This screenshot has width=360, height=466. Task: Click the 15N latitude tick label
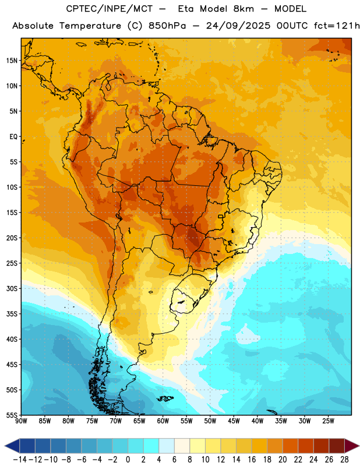coord(12,61)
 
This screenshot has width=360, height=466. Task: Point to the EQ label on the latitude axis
coord(13,137)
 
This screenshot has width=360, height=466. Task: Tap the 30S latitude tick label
coord(12,288)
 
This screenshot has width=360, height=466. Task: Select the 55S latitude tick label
coord(12,415)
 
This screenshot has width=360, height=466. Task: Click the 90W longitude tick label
coord(22,421)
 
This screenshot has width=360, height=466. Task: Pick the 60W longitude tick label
coord(163,421)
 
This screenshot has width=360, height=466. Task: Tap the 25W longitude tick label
coord(328,421)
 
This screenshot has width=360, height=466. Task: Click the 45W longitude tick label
coord(234,421)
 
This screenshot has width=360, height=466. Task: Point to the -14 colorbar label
coord(20,460)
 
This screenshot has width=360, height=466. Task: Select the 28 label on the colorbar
coord(344,460)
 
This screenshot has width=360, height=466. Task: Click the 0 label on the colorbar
coord(128,460)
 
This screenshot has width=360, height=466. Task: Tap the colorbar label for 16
coord(252,460)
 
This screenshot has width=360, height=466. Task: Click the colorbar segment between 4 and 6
coord(167,446)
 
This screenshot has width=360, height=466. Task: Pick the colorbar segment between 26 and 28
coord(337,446)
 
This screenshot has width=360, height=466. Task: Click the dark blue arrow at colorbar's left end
coord(12,446)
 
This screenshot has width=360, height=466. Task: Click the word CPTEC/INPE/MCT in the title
coord(110,9)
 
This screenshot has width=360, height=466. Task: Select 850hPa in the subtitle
coord(167,26)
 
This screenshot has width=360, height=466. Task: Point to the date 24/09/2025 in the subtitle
coord(238,26)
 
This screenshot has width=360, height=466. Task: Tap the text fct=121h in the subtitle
coord(337,26)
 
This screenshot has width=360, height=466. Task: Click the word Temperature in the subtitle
coord(90,26)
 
